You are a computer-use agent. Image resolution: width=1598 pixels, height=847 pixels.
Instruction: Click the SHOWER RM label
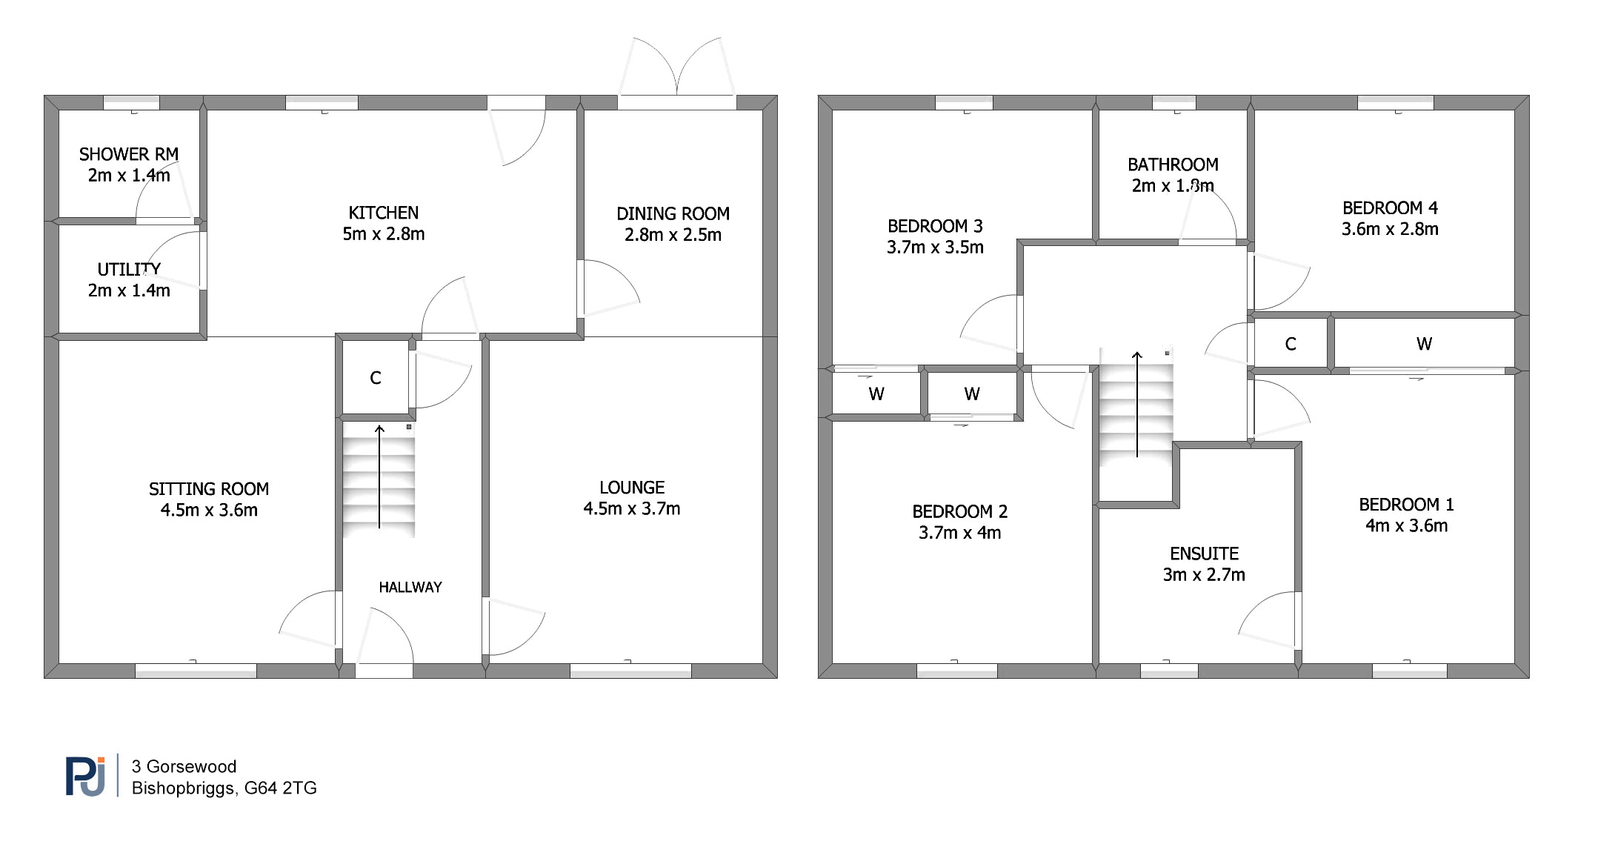(x=129, y=154)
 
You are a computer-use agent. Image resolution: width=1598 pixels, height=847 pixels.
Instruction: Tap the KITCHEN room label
(x=384, y=213)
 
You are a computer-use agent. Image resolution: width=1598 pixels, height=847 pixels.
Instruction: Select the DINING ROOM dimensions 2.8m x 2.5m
(x=673, y=235)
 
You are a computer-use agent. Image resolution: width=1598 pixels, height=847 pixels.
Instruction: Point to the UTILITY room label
(x=129, y=269)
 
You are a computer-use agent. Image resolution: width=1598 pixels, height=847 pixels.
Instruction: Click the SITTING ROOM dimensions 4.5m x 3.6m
(x=209, y=510)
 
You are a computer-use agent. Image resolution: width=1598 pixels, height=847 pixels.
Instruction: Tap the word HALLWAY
(x=410, y=587)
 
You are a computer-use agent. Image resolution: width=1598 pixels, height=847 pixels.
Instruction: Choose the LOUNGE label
(x=632, y=488)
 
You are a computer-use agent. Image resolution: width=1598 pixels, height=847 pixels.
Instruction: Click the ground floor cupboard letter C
(x=376, y=378)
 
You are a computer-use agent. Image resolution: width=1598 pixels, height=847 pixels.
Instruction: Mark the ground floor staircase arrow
(x=379, y=476)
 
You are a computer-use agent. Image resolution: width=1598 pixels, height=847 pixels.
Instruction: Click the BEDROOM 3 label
(x=935, y=226)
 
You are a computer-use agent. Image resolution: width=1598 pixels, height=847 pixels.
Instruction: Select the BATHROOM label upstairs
(x=1173, y=165)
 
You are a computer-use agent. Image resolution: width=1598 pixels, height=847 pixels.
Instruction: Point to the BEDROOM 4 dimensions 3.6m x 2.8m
(x=1390, y=229)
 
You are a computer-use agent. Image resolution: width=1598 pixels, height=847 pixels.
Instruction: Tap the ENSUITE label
(x=1204, y=554)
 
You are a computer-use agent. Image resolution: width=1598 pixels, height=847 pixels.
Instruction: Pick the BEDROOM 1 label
(x=1406, y=505)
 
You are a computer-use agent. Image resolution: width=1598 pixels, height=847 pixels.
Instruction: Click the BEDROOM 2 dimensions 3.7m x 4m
(x=959, y=533)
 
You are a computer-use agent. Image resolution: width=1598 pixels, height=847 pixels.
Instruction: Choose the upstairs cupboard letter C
(x=1291, y=344)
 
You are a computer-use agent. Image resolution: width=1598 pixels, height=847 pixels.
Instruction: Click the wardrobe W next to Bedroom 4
(x=1424, y=344)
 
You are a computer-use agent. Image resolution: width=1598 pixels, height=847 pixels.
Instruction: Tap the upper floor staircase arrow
(x=1137, y=404)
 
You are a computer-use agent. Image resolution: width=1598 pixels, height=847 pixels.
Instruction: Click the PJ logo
(x=86, y=776)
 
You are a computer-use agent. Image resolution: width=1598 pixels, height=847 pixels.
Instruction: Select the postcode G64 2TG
(x=280, y=788)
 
